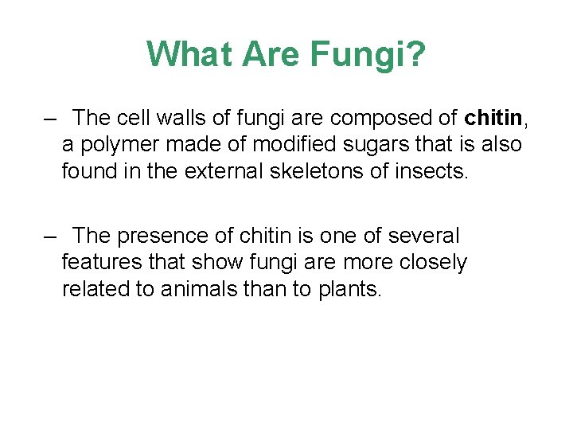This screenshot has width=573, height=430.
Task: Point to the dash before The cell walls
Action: (x=51, y=118)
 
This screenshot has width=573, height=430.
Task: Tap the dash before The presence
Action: (x=51, y=236)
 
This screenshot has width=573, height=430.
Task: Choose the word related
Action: (x=97, y=288)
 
